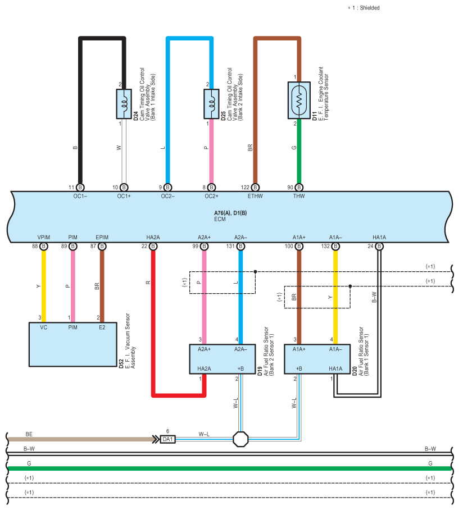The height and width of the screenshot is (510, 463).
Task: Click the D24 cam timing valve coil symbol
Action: click(x=124, y=104)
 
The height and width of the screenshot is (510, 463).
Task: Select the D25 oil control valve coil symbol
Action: click(x=211, y=104)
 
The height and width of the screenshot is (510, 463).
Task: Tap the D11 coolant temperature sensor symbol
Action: click(x=299, y=100)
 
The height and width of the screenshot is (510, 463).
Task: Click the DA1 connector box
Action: click(x=167, y=439)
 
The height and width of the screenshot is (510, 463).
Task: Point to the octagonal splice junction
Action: click(x=241, y=439)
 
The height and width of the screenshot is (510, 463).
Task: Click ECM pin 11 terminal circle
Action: click(x=80, y=188)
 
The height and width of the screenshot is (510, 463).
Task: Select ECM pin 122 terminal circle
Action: click(x=256, y=188)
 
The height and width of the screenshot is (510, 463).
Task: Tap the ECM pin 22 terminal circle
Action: click(x=153, y=246)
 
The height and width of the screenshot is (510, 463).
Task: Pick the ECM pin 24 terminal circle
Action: click(x=379, y=246)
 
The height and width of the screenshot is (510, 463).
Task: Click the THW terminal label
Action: click(x=299, y=196)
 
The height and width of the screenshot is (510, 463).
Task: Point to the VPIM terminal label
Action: click(x=44, y=238)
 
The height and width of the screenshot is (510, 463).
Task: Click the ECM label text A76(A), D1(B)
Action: click(x=230, y=213)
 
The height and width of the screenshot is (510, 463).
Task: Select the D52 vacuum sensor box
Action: click(x=73, y=344)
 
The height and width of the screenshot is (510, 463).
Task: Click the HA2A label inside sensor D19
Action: click(x=204, y=369)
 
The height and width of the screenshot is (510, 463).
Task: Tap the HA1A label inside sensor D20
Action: click(x=335, y=369)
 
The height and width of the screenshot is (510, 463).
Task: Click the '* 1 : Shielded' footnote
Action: click(x=364, y=8)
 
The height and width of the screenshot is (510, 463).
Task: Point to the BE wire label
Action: click(x=29, y=434)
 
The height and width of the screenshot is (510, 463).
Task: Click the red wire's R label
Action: click(x=148, y=283)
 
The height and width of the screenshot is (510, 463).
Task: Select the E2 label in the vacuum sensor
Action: click(x=102, y=327)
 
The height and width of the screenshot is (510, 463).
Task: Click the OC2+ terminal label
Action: click(x=211, y=196)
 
